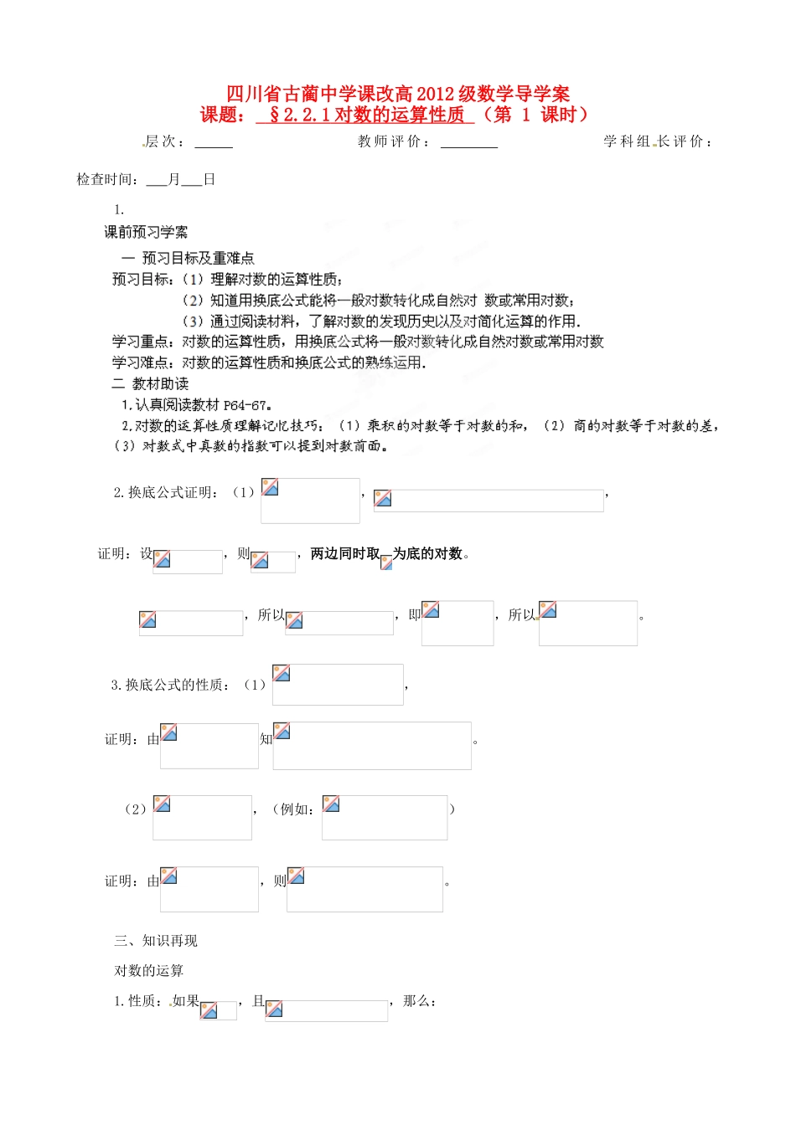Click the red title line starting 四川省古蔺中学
pos(398,94)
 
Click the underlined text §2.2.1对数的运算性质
pos(365,116)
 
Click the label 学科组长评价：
pos(659,141)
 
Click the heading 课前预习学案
pos(146,232)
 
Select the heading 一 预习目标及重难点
pos(188,258)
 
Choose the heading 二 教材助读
pos(150,383)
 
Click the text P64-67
pos(249,405)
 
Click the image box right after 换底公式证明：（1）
pos(310,501)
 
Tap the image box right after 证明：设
pos(188,562)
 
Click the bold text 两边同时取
pos(345,553)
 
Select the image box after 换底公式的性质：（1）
pos(338,685)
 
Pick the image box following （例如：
pos(385,817)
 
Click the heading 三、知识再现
pos(156,941)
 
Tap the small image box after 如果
pos(219,1010)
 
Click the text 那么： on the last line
pos(419,1001)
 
